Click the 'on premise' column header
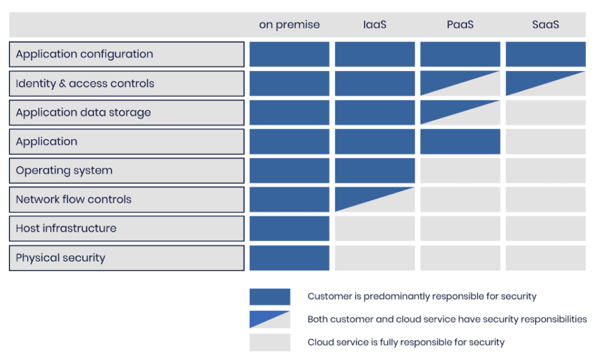click(x=289, y=25)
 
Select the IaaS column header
click(x=375, y=25)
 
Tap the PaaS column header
click(x=460, y=25)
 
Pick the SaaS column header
click(x=545, y=25)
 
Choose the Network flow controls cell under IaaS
click(x=375, y=200)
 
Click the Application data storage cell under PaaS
click(x=460, y=112)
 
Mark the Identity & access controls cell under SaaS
click(x=545, y=83)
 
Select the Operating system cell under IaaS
click(x=375, y=171)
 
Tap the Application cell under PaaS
click(x=460, y=142)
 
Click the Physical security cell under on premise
click(x=289, y=258)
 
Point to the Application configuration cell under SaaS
click(x=545, y=54)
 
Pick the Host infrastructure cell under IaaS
click(x=375, y=229)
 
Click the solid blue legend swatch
click(x=270, y=297)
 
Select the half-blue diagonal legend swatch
click(x=270, y=319)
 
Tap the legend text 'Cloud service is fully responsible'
click(x=374, y=343)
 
